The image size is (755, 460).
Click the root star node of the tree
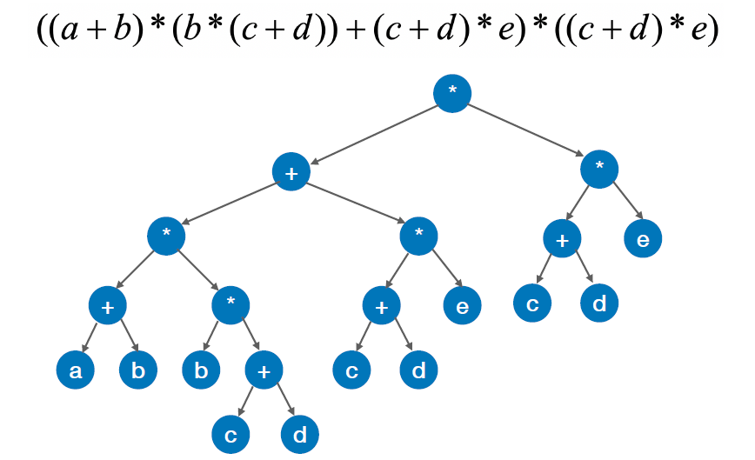click(x=451, y=92)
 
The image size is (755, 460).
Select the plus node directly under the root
click(x=291, y=172)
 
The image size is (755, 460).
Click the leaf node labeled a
click(x=76, y=371)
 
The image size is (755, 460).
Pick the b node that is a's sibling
click(x=138, y=371)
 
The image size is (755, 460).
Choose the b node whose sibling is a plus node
click(x=201, y=371)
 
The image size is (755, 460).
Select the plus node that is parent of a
click(x=108, y=305)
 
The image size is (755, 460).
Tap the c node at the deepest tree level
click(x=231, y=436)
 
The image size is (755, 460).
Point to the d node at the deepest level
click(x=299, y=436)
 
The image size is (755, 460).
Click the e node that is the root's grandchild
click(x=643, y=239)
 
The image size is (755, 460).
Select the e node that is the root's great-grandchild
click(x=462, y=305)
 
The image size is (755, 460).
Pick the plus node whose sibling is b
click(x=264, y=371)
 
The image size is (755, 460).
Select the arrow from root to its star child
click(x=527, y=131)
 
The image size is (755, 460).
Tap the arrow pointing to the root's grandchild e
click(x=627, y=203)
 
